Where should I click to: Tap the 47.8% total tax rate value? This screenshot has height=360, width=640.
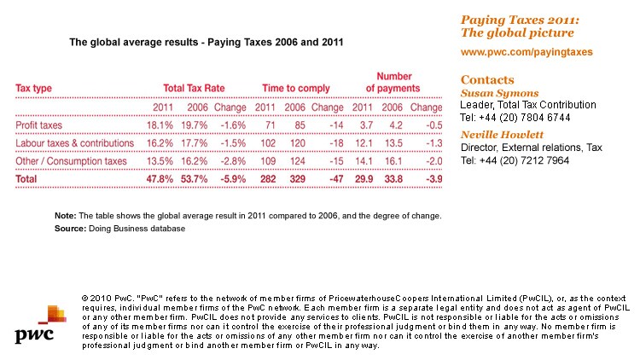coord(160,179)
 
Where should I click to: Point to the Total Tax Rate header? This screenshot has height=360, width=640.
coord(193,88)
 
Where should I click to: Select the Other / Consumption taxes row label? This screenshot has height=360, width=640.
coord(72,161)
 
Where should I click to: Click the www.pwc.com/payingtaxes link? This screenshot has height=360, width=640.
coord(527,52)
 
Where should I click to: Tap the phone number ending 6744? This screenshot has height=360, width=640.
coord(515,117)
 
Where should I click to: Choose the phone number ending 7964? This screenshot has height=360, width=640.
coord(515,160)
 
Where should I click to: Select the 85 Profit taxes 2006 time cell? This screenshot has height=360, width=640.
coord(294,125)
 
